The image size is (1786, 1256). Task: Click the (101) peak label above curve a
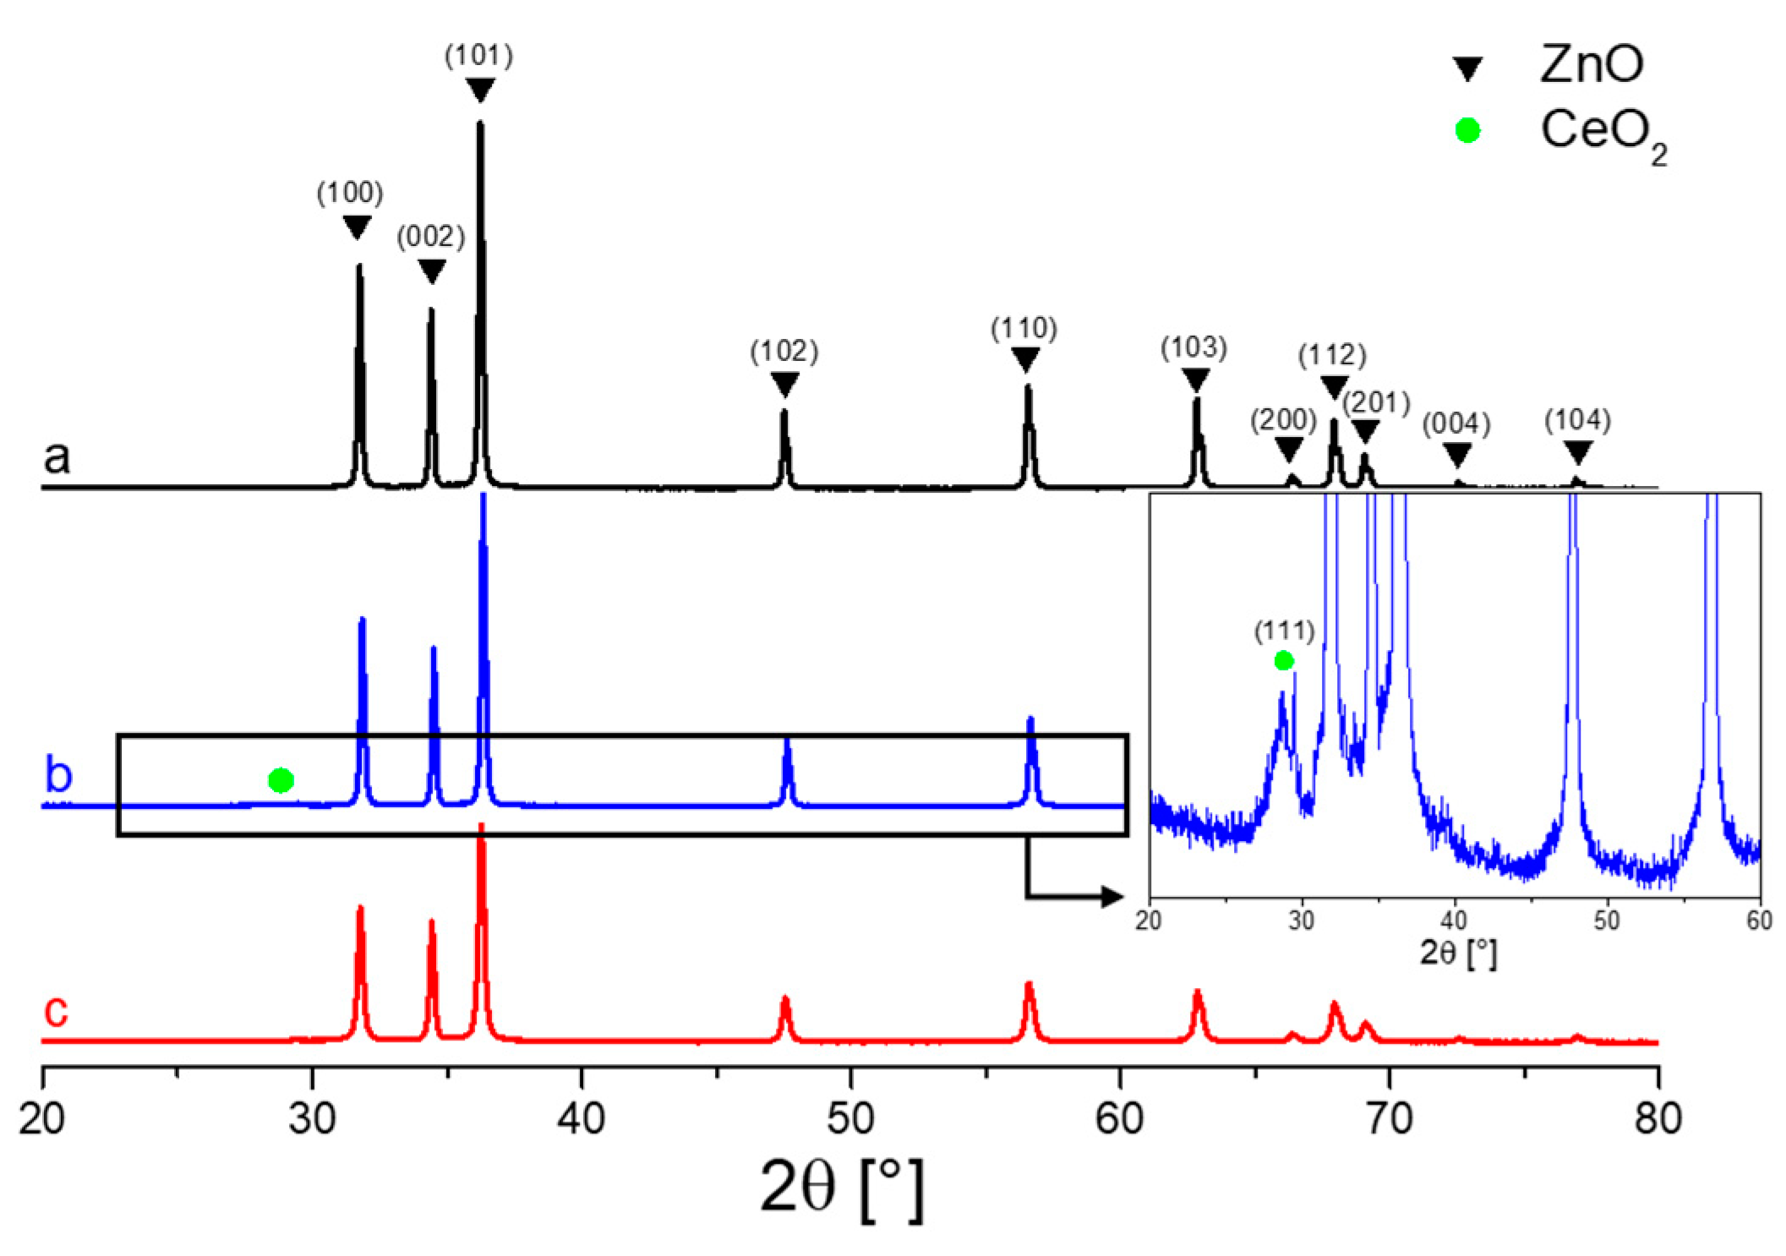pyautogui.click(x=478, y=57)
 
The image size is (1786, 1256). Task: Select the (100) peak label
pyautogui.click(x=350, y=194)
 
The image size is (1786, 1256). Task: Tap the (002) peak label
pyautogui.click(x=431, y=238)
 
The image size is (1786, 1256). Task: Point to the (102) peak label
pyautogui.click(x=784, y=352)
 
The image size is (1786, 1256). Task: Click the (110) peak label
pyautogui.click(x=1024, y=329)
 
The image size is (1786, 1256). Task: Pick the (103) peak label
pyautogui.click(x=1193, y=347)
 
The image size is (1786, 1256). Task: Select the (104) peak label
pyautogui.click(x=1578, y=420)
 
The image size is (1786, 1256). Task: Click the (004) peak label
pyautogui.click(x=1456, y=424)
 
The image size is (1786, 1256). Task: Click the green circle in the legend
pyautogui.click(x=1468, y=131)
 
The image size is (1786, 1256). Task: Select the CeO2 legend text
pyautogui.click(x=1602, y=135)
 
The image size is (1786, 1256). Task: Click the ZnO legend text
pyautogui.click(x=1592, y=64)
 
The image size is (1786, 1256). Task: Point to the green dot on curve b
pyautogui.click(x=281, y=780)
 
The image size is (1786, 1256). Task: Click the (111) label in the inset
pyautogui.click(x=1284, y=631)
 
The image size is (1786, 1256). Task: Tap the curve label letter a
pyautogui.click(x=57, y=457)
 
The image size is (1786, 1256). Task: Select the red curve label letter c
pyautogui.click(x=56, y=1010)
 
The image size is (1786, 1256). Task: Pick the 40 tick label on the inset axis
pyautogui.click(x=1455, y=920)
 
